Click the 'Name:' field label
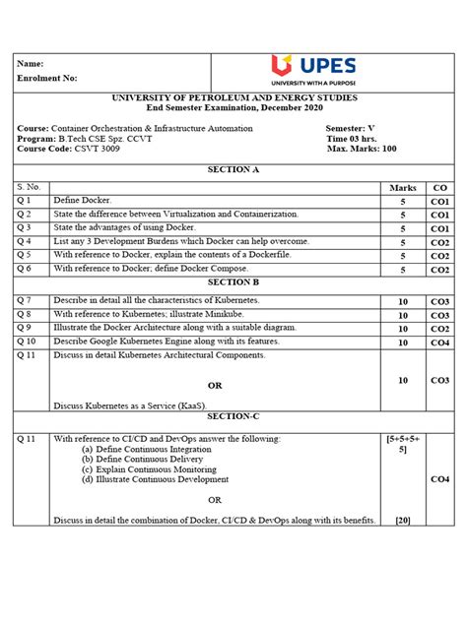click(33, 63)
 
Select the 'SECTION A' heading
click(233, 169)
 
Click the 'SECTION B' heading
click(233, 281)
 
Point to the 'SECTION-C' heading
click(233, 415)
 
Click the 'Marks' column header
click(403, 186)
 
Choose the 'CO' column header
click(439, 186)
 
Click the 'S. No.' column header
click(30, 186)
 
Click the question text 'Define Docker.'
click(84, 200)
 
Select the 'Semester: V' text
click(357, 128)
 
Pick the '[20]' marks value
click(402, 520)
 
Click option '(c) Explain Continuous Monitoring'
click(149, 468)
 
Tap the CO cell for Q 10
click(439, 342)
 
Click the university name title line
click(233, 98)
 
